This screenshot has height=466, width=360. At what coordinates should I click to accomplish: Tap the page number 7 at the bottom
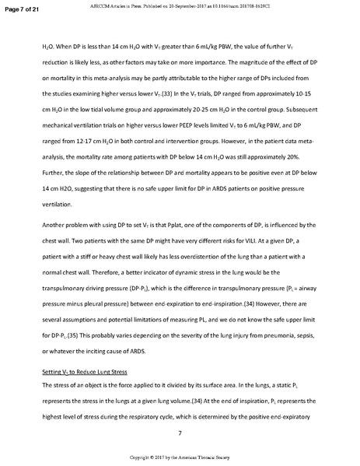180,432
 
